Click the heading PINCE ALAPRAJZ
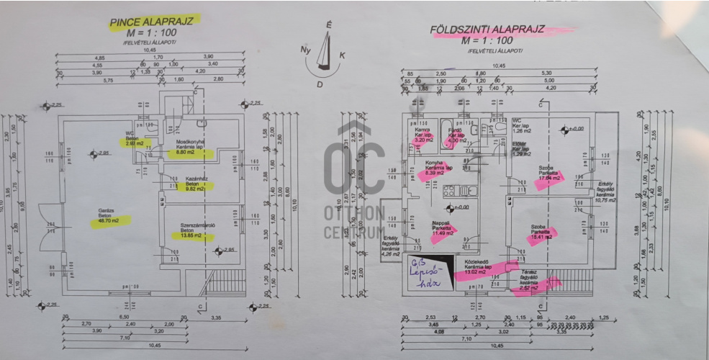[x=154, y=22]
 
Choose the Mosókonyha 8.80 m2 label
[x=189, y=148]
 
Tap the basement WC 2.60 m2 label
[x=134, y=140]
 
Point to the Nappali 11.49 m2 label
[x=441, y=229]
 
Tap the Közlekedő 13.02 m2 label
[x=482, y=269]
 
